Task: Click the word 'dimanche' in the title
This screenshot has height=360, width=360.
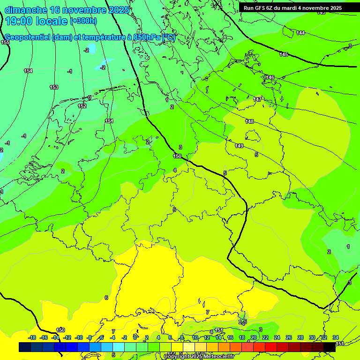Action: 25,10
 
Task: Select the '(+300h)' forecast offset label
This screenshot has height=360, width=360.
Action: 83,21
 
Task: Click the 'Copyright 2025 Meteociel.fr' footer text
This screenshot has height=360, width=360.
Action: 199,357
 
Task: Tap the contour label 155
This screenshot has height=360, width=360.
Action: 5,43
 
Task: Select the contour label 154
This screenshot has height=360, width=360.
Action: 28,71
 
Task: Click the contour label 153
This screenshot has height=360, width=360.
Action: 54,88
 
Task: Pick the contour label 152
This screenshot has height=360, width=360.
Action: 82,106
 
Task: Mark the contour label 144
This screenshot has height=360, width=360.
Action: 300,33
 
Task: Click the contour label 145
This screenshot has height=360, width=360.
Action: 284,55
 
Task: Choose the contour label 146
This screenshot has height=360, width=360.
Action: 270,77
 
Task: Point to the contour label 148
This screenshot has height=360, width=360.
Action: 249,121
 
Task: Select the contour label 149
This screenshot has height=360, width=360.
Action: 239,146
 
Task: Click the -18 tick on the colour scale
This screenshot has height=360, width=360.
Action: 32,337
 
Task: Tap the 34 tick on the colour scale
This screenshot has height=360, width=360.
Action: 336,337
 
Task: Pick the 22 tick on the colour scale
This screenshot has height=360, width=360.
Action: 265,337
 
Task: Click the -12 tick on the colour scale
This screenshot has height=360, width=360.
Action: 67,337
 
